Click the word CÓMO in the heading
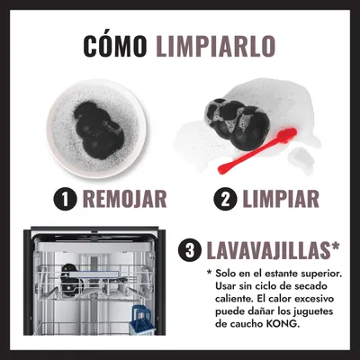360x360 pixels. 115,46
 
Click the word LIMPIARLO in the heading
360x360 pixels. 216,46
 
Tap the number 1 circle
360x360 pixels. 66,199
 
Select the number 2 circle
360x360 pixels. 225,199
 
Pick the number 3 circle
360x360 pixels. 190,251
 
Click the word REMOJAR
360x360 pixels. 124,199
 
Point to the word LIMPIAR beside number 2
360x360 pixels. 281,199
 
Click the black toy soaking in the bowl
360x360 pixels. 99,130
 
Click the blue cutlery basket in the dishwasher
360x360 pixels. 142,320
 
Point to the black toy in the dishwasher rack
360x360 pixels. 71,281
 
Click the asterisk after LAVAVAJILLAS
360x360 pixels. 334,247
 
